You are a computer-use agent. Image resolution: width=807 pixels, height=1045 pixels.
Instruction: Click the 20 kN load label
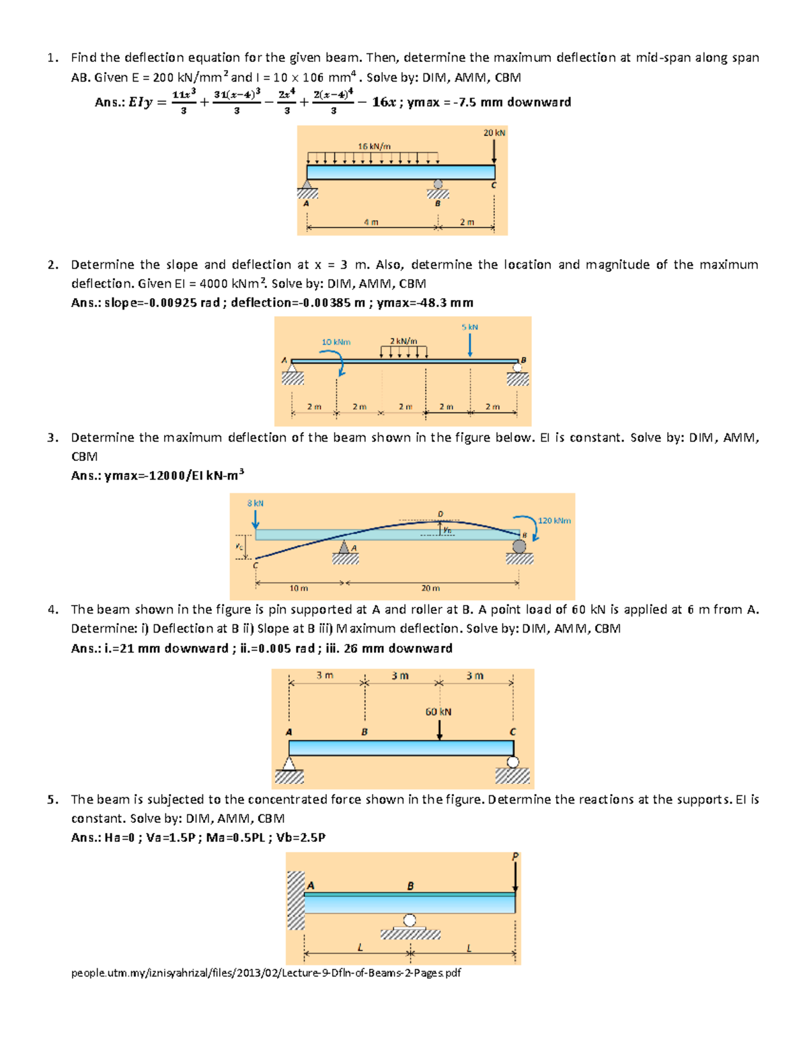(494, 133)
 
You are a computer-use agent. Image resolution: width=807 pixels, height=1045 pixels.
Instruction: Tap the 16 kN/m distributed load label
(374, 146)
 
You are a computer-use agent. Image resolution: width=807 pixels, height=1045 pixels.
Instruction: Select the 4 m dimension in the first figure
(371, 222)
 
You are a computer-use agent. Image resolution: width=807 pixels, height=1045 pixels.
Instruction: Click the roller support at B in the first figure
(438, 184)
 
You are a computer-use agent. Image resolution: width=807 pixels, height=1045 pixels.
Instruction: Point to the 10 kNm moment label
(336, 342)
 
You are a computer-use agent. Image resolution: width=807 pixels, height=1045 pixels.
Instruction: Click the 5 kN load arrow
(470, 345)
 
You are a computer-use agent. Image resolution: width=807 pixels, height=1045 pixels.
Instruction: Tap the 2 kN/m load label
(403, 341)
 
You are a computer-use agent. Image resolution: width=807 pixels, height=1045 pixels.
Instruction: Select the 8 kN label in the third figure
(256, 503)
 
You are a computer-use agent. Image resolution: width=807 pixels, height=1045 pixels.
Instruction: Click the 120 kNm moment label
(554, 520)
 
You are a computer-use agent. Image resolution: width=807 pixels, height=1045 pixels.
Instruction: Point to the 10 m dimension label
(299, 588)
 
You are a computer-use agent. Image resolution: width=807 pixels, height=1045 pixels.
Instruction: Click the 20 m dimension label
(430, 588)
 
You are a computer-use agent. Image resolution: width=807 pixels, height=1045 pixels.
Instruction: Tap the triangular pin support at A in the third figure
(344, 547)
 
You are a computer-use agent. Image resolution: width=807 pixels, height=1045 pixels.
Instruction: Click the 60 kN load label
(438, 712)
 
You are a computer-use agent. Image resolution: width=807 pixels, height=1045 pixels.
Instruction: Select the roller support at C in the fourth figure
(513, 762)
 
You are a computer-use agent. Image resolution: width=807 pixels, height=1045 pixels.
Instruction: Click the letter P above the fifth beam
(515, 857)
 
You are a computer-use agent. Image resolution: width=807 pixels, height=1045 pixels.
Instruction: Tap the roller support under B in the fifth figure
(410, 920)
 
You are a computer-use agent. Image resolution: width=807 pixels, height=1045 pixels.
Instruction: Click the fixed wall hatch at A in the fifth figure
(296, 900)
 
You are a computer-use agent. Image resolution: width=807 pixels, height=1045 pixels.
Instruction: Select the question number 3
(52, 437)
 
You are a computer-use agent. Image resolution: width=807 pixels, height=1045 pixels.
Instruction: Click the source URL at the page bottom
(266, 972)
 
